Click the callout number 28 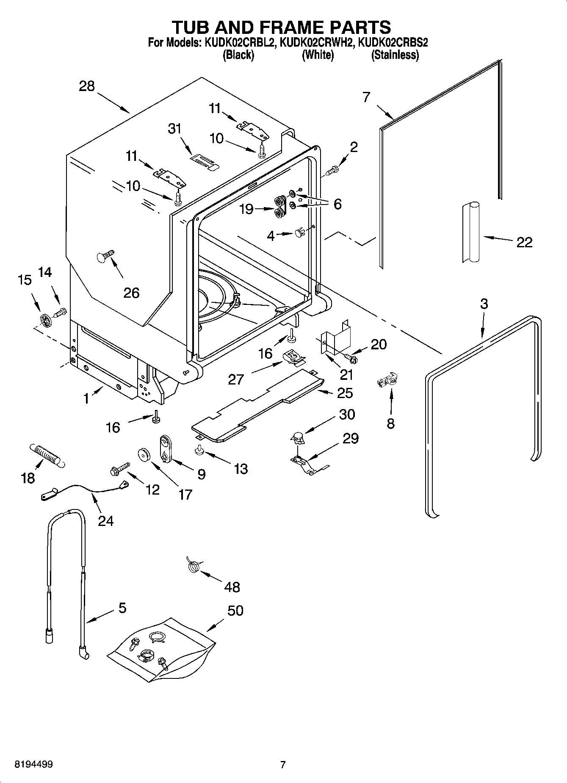pos(87,86)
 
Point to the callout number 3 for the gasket pos(484,304)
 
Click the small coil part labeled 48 pos(193,566)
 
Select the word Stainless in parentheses pos(395,55)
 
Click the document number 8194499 pos(28,764)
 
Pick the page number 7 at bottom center pos(283,764)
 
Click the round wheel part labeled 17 pos(145,455)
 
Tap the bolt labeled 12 pos(119,469)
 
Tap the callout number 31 pos(175,128)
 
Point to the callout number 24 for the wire pos(106,520)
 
